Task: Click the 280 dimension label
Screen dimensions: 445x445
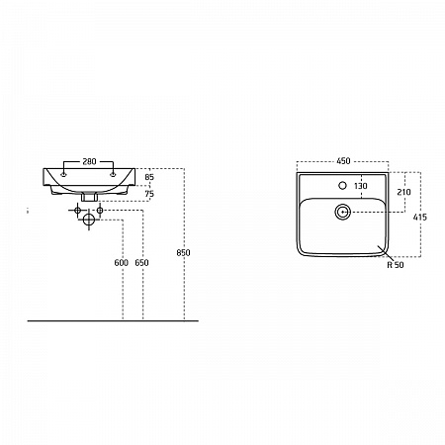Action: [89, 161]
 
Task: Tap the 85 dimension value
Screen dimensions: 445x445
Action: [149, 177]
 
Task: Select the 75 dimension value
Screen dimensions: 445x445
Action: [149, 194]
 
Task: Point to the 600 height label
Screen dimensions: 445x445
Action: [121, 263]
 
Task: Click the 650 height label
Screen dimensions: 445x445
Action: [141, 263]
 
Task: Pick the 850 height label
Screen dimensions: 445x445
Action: [183, 253]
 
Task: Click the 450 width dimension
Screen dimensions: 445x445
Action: [343, 161]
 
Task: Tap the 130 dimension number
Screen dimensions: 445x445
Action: [361, 186]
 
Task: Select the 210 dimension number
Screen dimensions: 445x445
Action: [403, 192]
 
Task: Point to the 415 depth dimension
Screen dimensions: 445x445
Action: [420, 217]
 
